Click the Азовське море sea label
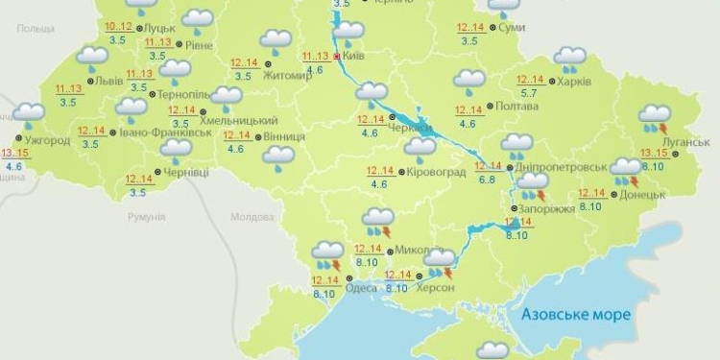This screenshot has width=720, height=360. [x=574, y=314]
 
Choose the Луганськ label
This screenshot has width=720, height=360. [x=686, y=142]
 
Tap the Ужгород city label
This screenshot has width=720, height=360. [x=46, y=140]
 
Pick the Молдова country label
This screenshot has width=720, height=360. [x=252, y=217]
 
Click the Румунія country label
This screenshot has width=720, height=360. [x=147, y=217]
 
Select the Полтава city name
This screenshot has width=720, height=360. [x=519, y=107]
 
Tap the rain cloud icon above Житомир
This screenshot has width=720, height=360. [x=276, y=42]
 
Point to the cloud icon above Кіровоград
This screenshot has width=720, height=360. [x=420, y=149]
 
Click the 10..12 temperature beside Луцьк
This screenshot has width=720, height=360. [x=118, y=26]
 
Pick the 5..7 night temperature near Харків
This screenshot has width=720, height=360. [x=528, y=93]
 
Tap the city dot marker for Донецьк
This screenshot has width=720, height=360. [x=612, y=194]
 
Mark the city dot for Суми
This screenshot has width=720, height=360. [x=492, y=27]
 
